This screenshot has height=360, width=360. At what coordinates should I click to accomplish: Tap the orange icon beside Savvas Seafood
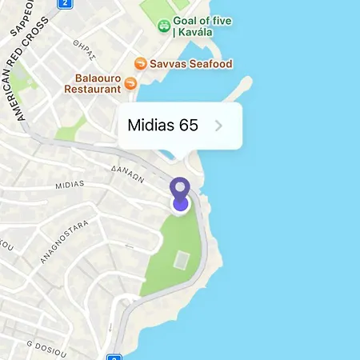[140, 63]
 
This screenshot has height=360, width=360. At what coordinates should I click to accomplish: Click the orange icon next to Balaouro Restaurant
[140, 82]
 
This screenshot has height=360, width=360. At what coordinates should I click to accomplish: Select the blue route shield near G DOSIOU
[114, 357]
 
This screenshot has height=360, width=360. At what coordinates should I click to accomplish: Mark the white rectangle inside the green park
[182, 259]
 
